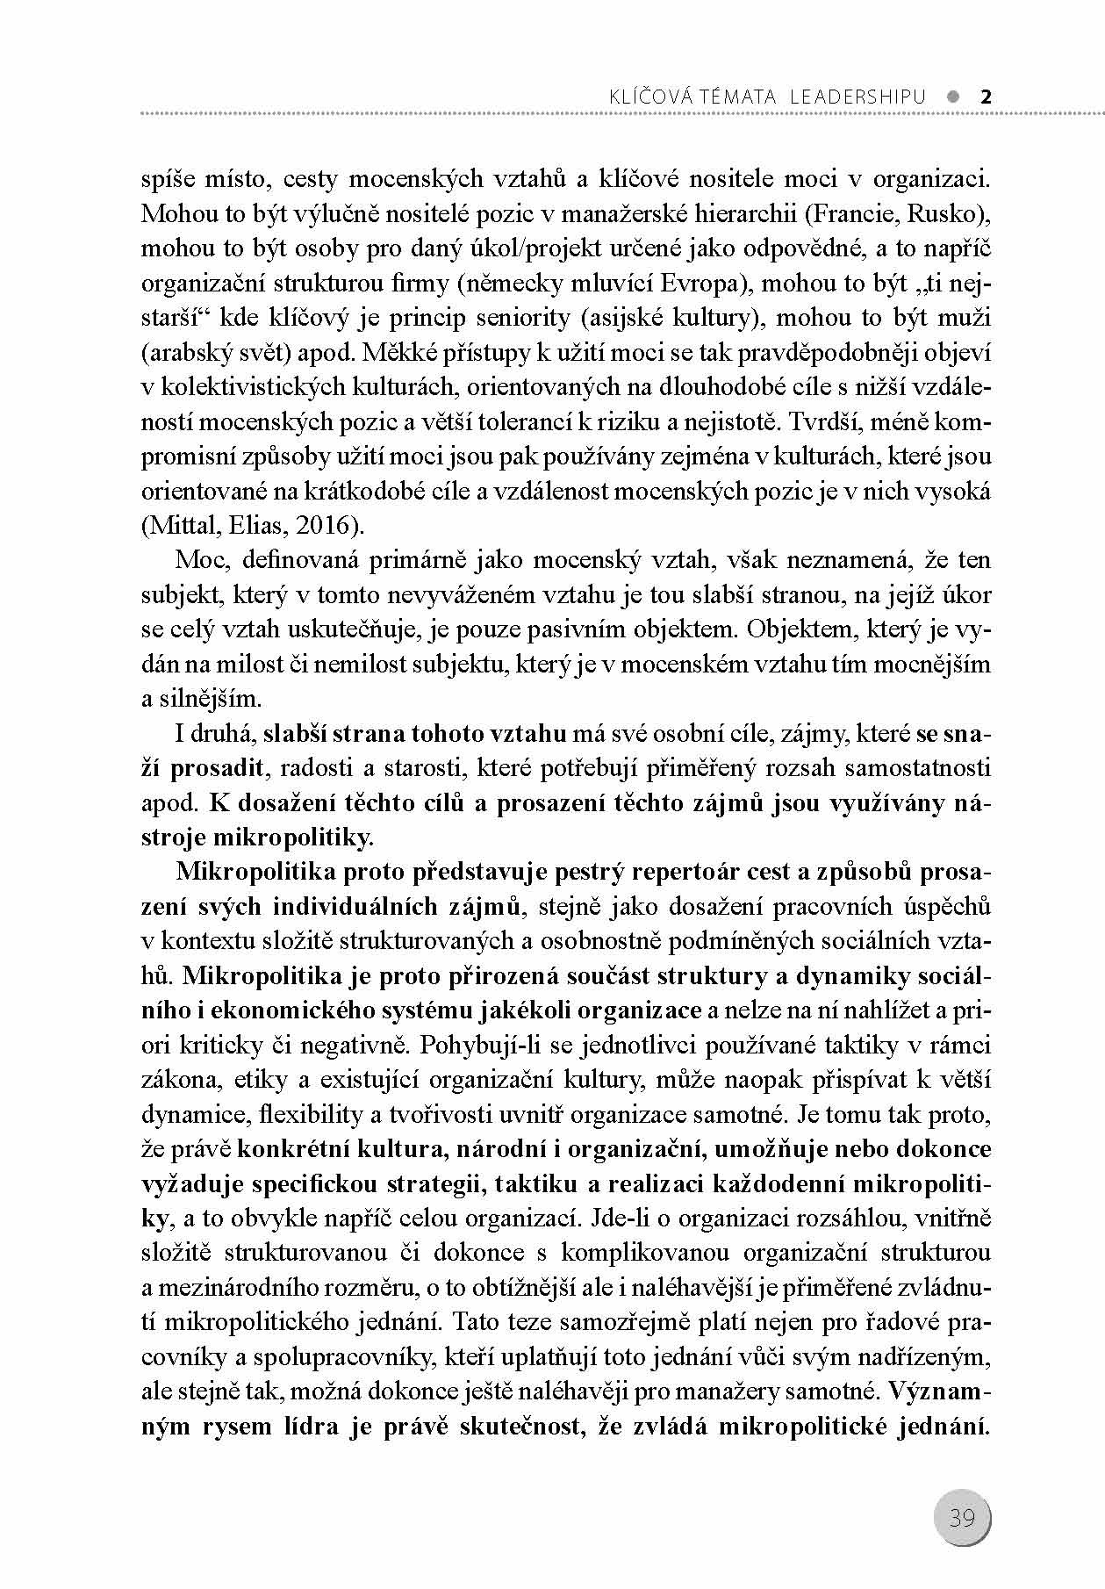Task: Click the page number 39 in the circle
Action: [962, 1516]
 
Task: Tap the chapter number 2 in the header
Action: [985, 97]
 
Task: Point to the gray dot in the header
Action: [954, 97]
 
